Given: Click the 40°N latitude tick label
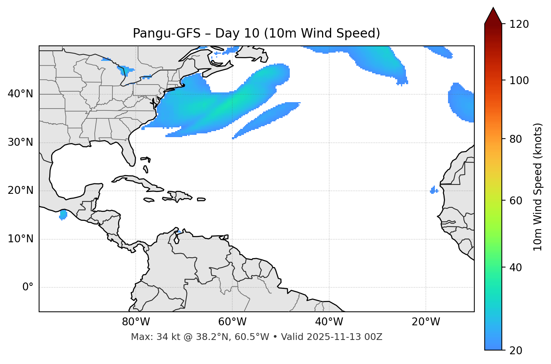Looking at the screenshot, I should [x=20, y=94].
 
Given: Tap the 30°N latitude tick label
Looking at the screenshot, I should [x=20, y=142].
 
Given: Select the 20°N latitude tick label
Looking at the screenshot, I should [x=20, y=190].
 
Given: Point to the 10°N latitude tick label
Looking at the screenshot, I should [x=20, y=239].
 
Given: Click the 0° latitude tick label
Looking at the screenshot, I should [x=28, y=287].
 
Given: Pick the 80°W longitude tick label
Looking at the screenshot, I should [x=136, y=322].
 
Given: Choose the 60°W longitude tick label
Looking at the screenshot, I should [x=232, y=322].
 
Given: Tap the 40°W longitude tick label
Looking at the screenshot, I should [x=329, y=322].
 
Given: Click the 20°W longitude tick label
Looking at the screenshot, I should [x=426, y=322].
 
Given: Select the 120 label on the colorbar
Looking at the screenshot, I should [x=519, y=24].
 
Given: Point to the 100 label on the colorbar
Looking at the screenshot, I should [x=519, y=81].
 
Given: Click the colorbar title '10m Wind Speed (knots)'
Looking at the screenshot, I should [x=538, y=187].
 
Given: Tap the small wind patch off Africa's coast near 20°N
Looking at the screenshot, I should [x=434, y=190].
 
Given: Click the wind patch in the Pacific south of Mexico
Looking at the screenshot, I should [x=63, y=215].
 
